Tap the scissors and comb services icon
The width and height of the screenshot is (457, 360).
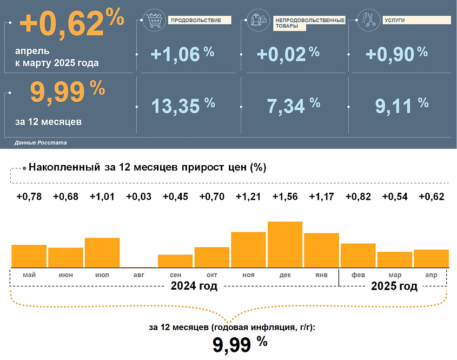coord(369,21)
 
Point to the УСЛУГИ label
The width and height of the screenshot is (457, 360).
coord(395,20)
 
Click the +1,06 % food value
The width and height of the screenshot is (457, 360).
coord(183,54)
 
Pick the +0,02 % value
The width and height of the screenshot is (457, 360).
coord(288,54)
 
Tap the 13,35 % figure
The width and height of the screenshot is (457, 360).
coord(183,104)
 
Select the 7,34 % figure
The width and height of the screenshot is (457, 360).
coord(294,104)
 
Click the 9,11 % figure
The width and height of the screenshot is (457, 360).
coord(401,104)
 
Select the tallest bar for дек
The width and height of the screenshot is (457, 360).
coord(285,244)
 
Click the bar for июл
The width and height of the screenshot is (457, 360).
coord(102,252)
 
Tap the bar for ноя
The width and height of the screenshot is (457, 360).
coord(248,250)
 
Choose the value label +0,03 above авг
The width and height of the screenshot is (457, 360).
coord(139,197)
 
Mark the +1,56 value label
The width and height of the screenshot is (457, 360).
coord(285,197)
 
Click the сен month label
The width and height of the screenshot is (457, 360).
coord(175,275)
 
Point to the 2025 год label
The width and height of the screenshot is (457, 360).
coord(394,286)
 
